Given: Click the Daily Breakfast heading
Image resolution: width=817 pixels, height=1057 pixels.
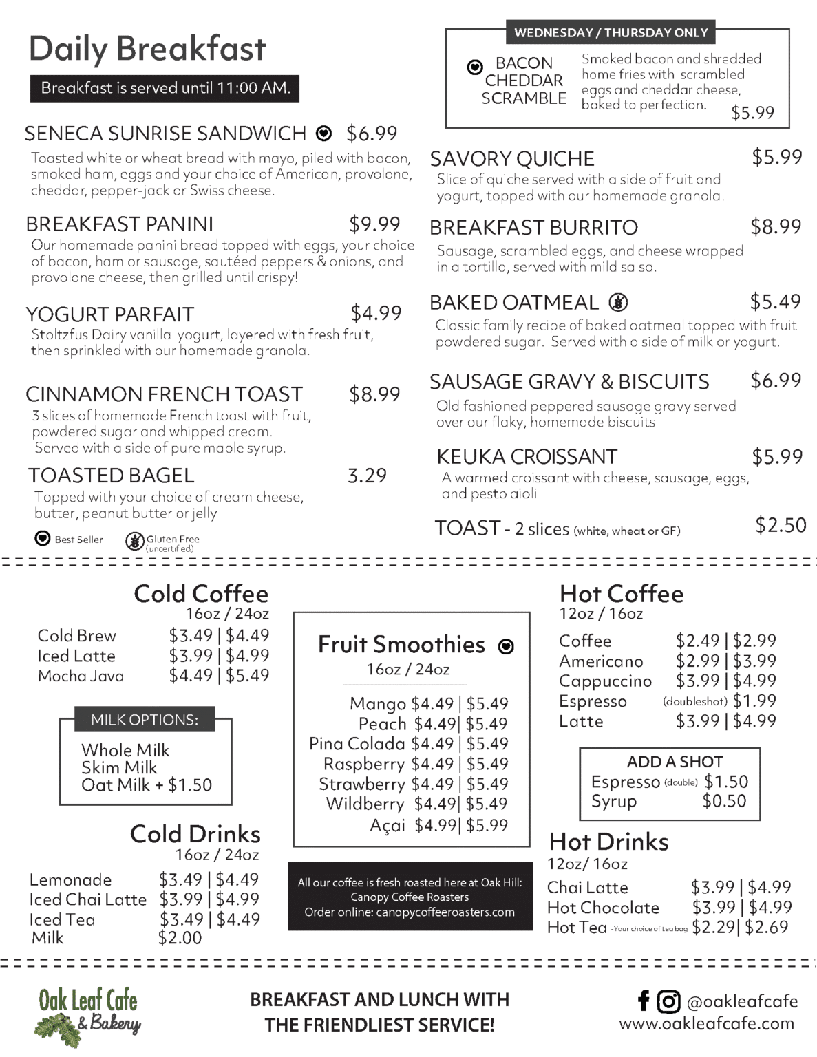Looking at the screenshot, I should click(x=147, y=50).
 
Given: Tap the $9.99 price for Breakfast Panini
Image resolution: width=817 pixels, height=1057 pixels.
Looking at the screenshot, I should click(x=374, y=224).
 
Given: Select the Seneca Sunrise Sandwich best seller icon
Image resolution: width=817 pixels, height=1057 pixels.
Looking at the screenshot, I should click(x=323, y=134).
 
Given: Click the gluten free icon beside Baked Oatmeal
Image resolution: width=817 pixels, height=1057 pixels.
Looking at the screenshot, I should click(x=618, y=302).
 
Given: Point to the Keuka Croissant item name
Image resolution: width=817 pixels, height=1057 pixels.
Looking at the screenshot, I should click(x=527, y=457).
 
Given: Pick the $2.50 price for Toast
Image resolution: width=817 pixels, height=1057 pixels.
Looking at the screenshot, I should click(x=781, y=525).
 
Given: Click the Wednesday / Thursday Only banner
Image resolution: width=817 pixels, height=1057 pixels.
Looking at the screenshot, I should click(x=611, y=32).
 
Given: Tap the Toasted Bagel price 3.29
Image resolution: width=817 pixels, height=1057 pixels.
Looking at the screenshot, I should click(x=367, y=476).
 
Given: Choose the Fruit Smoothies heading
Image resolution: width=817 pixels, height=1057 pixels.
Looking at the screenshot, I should click(x=401, y=645).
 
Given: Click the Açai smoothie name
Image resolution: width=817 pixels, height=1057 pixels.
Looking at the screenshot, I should click(x=388, y=825).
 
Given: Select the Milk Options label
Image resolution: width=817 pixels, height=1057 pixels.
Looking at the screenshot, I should click(x=145, y=720).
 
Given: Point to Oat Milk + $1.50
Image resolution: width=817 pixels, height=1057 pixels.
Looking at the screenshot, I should click(x=146, y=785).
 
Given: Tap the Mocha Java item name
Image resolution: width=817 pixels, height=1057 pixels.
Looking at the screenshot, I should click(x=81, y=676).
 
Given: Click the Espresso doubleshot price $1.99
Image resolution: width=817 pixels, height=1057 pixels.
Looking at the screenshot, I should click(x=754, y=701).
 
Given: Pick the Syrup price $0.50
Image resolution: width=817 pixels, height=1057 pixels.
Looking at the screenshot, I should click(x=724, y=801).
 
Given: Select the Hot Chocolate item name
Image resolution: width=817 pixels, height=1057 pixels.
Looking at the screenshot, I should click(x=603, y=908).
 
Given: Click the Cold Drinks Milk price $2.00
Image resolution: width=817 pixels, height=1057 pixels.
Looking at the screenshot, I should click(x=180, y=938).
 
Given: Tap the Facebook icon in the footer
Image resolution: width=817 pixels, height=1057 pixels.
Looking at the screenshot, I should click(x=644, y=1001).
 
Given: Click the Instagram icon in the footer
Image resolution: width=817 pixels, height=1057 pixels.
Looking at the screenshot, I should click(x=668, y=1001).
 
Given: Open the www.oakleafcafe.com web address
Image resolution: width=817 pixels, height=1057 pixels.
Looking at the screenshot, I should click(x=706, y=1023).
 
